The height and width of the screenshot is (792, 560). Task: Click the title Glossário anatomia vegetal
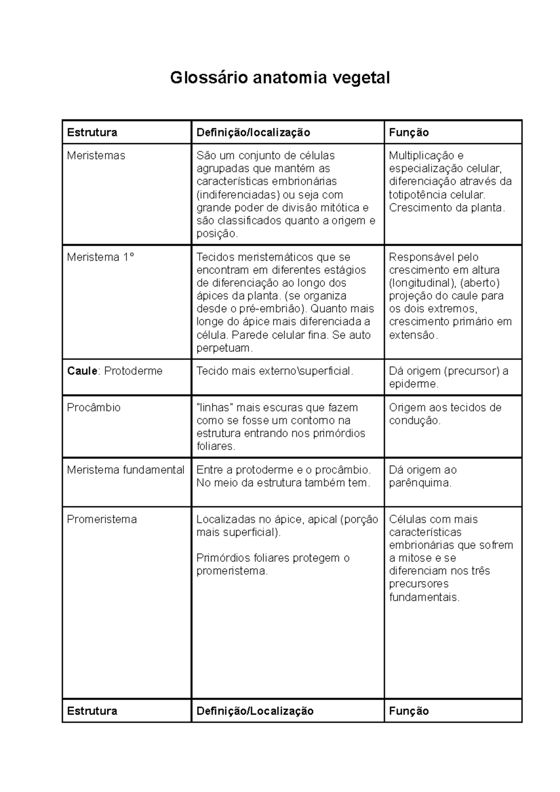(280, 77)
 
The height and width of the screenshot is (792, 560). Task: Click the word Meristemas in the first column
(96, 155)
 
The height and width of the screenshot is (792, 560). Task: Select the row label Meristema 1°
(100, 257)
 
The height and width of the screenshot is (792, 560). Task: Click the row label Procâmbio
(93, 407)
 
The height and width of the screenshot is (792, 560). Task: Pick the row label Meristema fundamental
(126, 470)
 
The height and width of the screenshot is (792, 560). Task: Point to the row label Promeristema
(102, 519)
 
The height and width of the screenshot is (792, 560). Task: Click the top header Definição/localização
(253, 132)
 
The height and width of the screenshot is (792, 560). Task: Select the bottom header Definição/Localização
(255, 711)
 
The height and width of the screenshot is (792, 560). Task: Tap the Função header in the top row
(409, 132)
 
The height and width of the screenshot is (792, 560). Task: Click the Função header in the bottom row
(409, 711)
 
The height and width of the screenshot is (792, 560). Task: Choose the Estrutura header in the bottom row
(92, 711)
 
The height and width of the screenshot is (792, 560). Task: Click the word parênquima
(420, 483)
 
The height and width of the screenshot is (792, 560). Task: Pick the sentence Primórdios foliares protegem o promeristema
(273, 564)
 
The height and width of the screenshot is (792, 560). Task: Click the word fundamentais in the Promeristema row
(424, 597)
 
